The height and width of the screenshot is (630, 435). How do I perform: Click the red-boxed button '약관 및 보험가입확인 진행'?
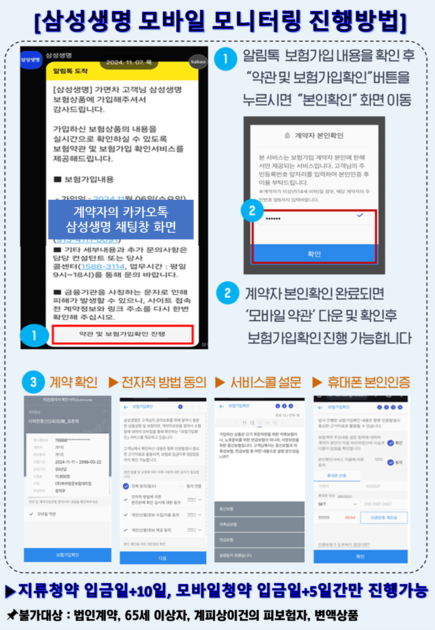[x=122, y=334]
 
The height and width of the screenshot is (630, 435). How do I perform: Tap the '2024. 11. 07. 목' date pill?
[x=129, y=62]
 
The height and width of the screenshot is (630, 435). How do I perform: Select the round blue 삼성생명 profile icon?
[x=31, y=60]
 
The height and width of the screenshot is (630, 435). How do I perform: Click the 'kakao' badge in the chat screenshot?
[x=198, y=62]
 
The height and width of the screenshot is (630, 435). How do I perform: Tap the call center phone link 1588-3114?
[x=103, y=266]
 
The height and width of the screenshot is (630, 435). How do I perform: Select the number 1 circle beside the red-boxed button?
[x=34, y=335]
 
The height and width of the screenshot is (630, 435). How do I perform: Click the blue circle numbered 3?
[x=33, y=382]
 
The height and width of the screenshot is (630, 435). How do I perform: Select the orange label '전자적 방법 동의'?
[x=164, y=383]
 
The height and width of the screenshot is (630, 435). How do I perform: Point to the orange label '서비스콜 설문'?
[x=265, y=383]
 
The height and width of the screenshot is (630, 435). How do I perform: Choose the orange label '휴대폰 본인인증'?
[x=369, y=383]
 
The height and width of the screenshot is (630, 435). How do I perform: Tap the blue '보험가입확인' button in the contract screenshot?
[x=68, y=555]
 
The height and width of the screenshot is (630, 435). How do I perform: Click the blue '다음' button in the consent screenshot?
[x=163, y=558]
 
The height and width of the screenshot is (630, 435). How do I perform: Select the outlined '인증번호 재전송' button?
[x=384, y=518]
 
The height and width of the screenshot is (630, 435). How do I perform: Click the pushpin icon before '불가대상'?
[x=12, y=615]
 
